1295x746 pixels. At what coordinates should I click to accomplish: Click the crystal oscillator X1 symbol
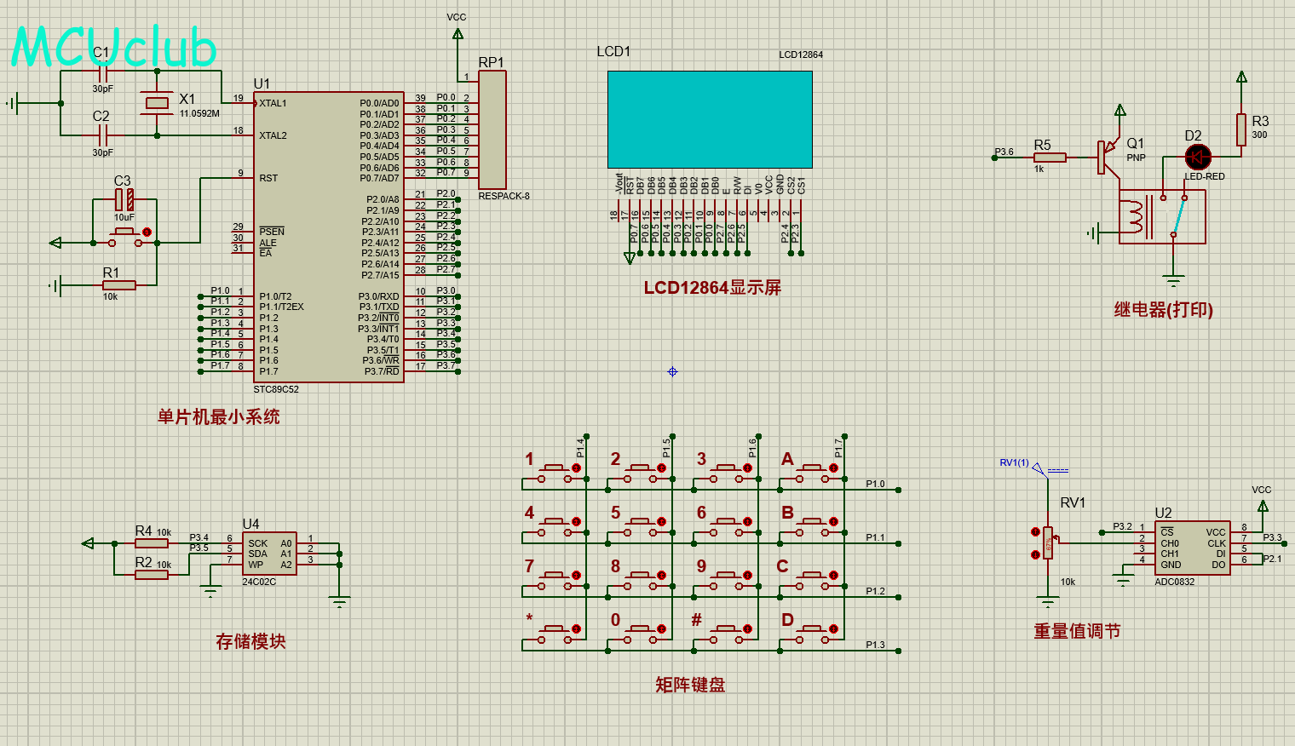tap(157, 103)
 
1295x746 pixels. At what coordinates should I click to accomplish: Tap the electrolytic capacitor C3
tap(124, 200)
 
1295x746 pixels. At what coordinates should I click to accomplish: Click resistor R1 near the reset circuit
tap(118, 285)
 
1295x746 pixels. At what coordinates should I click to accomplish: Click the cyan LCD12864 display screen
tap(710, 119)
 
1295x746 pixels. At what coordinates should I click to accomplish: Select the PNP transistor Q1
tap(1108, 156)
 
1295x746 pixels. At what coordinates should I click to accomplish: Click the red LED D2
tap(1198, 157)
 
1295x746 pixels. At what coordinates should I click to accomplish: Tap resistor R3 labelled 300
tap(1241, 130)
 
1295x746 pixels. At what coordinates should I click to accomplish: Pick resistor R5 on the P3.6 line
tap(1050, 158)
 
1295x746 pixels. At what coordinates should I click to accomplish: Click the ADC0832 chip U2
tap(1193, 548)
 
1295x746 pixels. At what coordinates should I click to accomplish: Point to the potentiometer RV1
tap(1048, 542)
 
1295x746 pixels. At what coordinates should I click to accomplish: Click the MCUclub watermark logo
tap(114, 47)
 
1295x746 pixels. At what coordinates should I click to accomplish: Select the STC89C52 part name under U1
tap(276, 389)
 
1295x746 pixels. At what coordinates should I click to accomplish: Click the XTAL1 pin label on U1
tap(273, 103)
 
